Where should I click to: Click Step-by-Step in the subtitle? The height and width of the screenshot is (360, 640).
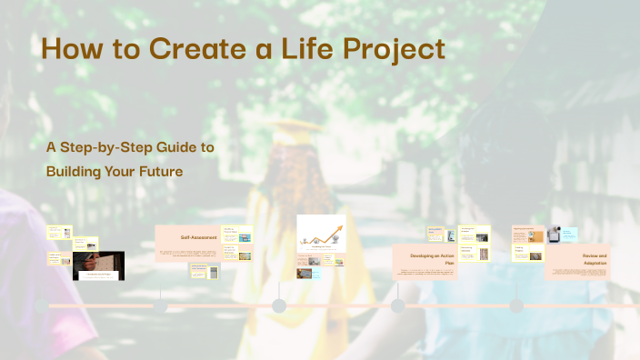point(111,146)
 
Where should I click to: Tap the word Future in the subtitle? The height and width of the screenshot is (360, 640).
point(179,170)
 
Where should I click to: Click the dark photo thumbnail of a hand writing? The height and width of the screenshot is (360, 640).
point(98,265)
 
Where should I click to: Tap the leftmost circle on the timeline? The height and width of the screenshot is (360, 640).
point(42,305)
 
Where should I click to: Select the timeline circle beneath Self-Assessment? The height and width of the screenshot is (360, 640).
point(160,305)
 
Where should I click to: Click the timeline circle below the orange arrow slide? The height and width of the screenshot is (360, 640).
point(279,305)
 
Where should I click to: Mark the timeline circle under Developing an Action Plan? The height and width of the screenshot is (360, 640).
point(397,305)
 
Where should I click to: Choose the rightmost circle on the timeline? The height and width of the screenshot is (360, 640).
point(516,305)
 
